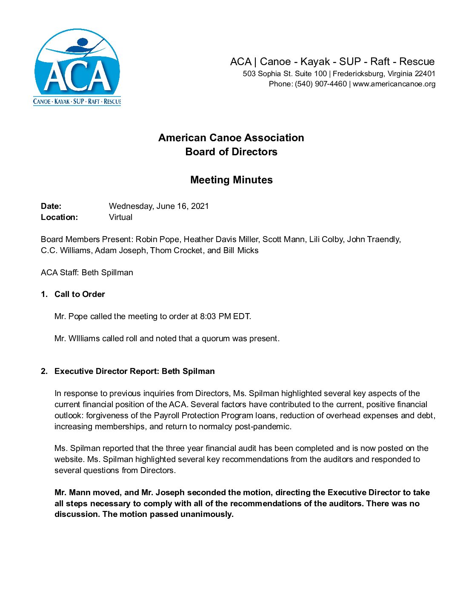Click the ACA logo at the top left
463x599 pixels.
click(x=77, y=67)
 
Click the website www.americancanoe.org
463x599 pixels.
click(x=394, y=84)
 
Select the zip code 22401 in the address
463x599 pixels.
click(x=425, y=74)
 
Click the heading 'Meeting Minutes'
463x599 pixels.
click(x=231, y=180)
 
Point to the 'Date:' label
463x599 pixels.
click(x=51, y=206)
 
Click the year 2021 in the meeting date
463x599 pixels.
click(x=200, y=206)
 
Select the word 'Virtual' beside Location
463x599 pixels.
click(x=120, y=217)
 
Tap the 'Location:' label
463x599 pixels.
click(x=59, y=217)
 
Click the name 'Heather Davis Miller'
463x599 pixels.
click(x=220, y=240)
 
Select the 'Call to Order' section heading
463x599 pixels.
click(x=80, y=294)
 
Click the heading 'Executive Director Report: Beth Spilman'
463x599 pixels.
click(x=134, y=371)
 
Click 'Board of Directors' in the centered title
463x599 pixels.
click(x=231, y=152)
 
